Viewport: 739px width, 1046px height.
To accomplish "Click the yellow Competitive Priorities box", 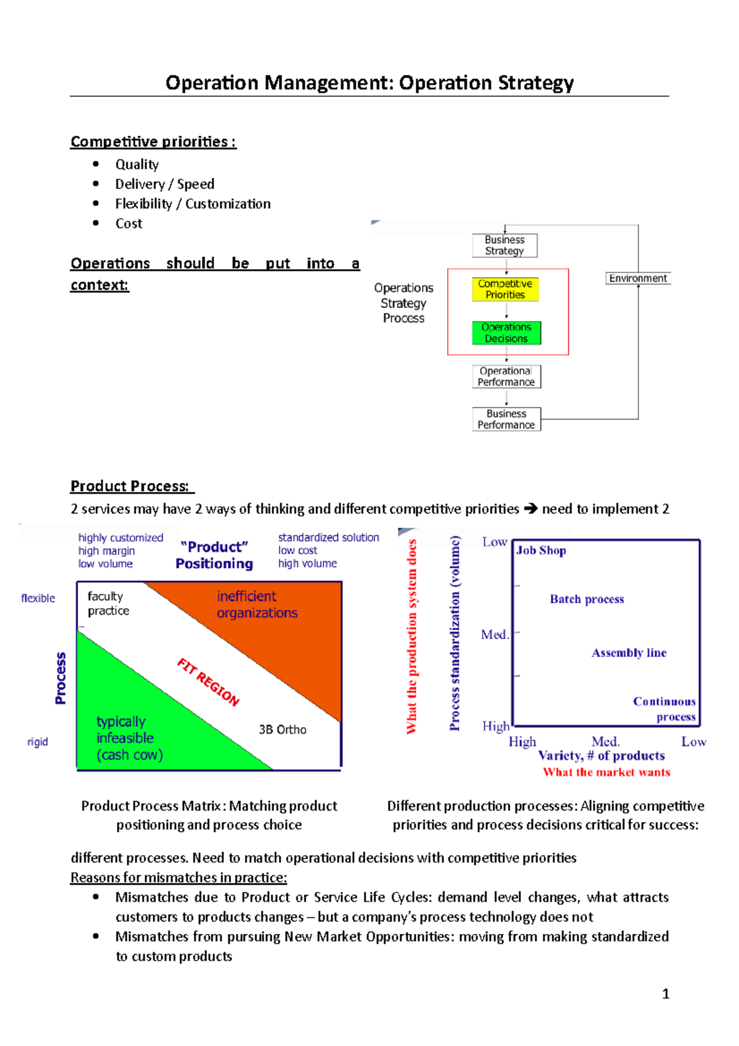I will pyautogui.click(x=505, y=289).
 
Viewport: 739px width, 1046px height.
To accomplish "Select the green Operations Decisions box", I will pyautogui.click(x=506, y=333).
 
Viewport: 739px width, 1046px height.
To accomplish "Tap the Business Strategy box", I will pyautogui.click(x=504, y=245).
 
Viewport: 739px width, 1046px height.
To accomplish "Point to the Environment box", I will pyautogui.click(x=637, y=278).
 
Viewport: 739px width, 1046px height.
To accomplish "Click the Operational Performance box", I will pyautogui.click(x=506, y=376).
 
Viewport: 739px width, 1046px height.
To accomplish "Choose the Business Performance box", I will pyautogui.click(x=506, y=419).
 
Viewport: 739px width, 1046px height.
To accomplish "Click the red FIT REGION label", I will pyautogui.click(x=208, y=681).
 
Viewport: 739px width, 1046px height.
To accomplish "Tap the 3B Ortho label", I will pyautogui.click(x=282, y=729).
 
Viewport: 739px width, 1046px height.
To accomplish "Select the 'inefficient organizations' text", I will pyautogui.click(x=257, y=604).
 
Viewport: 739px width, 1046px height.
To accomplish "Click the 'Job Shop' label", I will pyautogui.click(x=541, y=550).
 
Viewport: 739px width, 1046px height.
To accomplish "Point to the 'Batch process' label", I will pyautogui.click(x=587, y=599).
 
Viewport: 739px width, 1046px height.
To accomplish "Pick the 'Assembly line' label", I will pyautogui.click(x=629, y=652).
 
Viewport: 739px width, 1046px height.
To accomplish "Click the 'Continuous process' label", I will pyautogui.click(x=664, y=708).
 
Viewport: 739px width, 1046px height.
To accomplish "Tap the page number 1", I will pyautogui.click(x=665, y=994).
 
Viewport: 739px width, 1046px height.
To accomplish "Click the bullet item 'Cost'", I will pyautogui.click(x=129, y=224).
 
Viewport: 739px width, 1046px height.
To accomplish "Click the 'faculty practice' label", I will pyautogui.click(x=108, y=603).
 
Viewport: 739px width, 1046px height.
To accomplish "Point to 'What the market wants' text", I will pyautogui.click(x=606, y=772).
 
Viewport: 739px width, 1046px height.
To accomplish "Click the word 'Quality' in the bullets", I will pyautogui.click(x=137, y=164).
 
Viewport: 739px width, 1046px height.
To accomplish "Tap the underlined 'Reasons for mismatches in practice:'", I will pyautogui.click(x=179, y=877).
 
